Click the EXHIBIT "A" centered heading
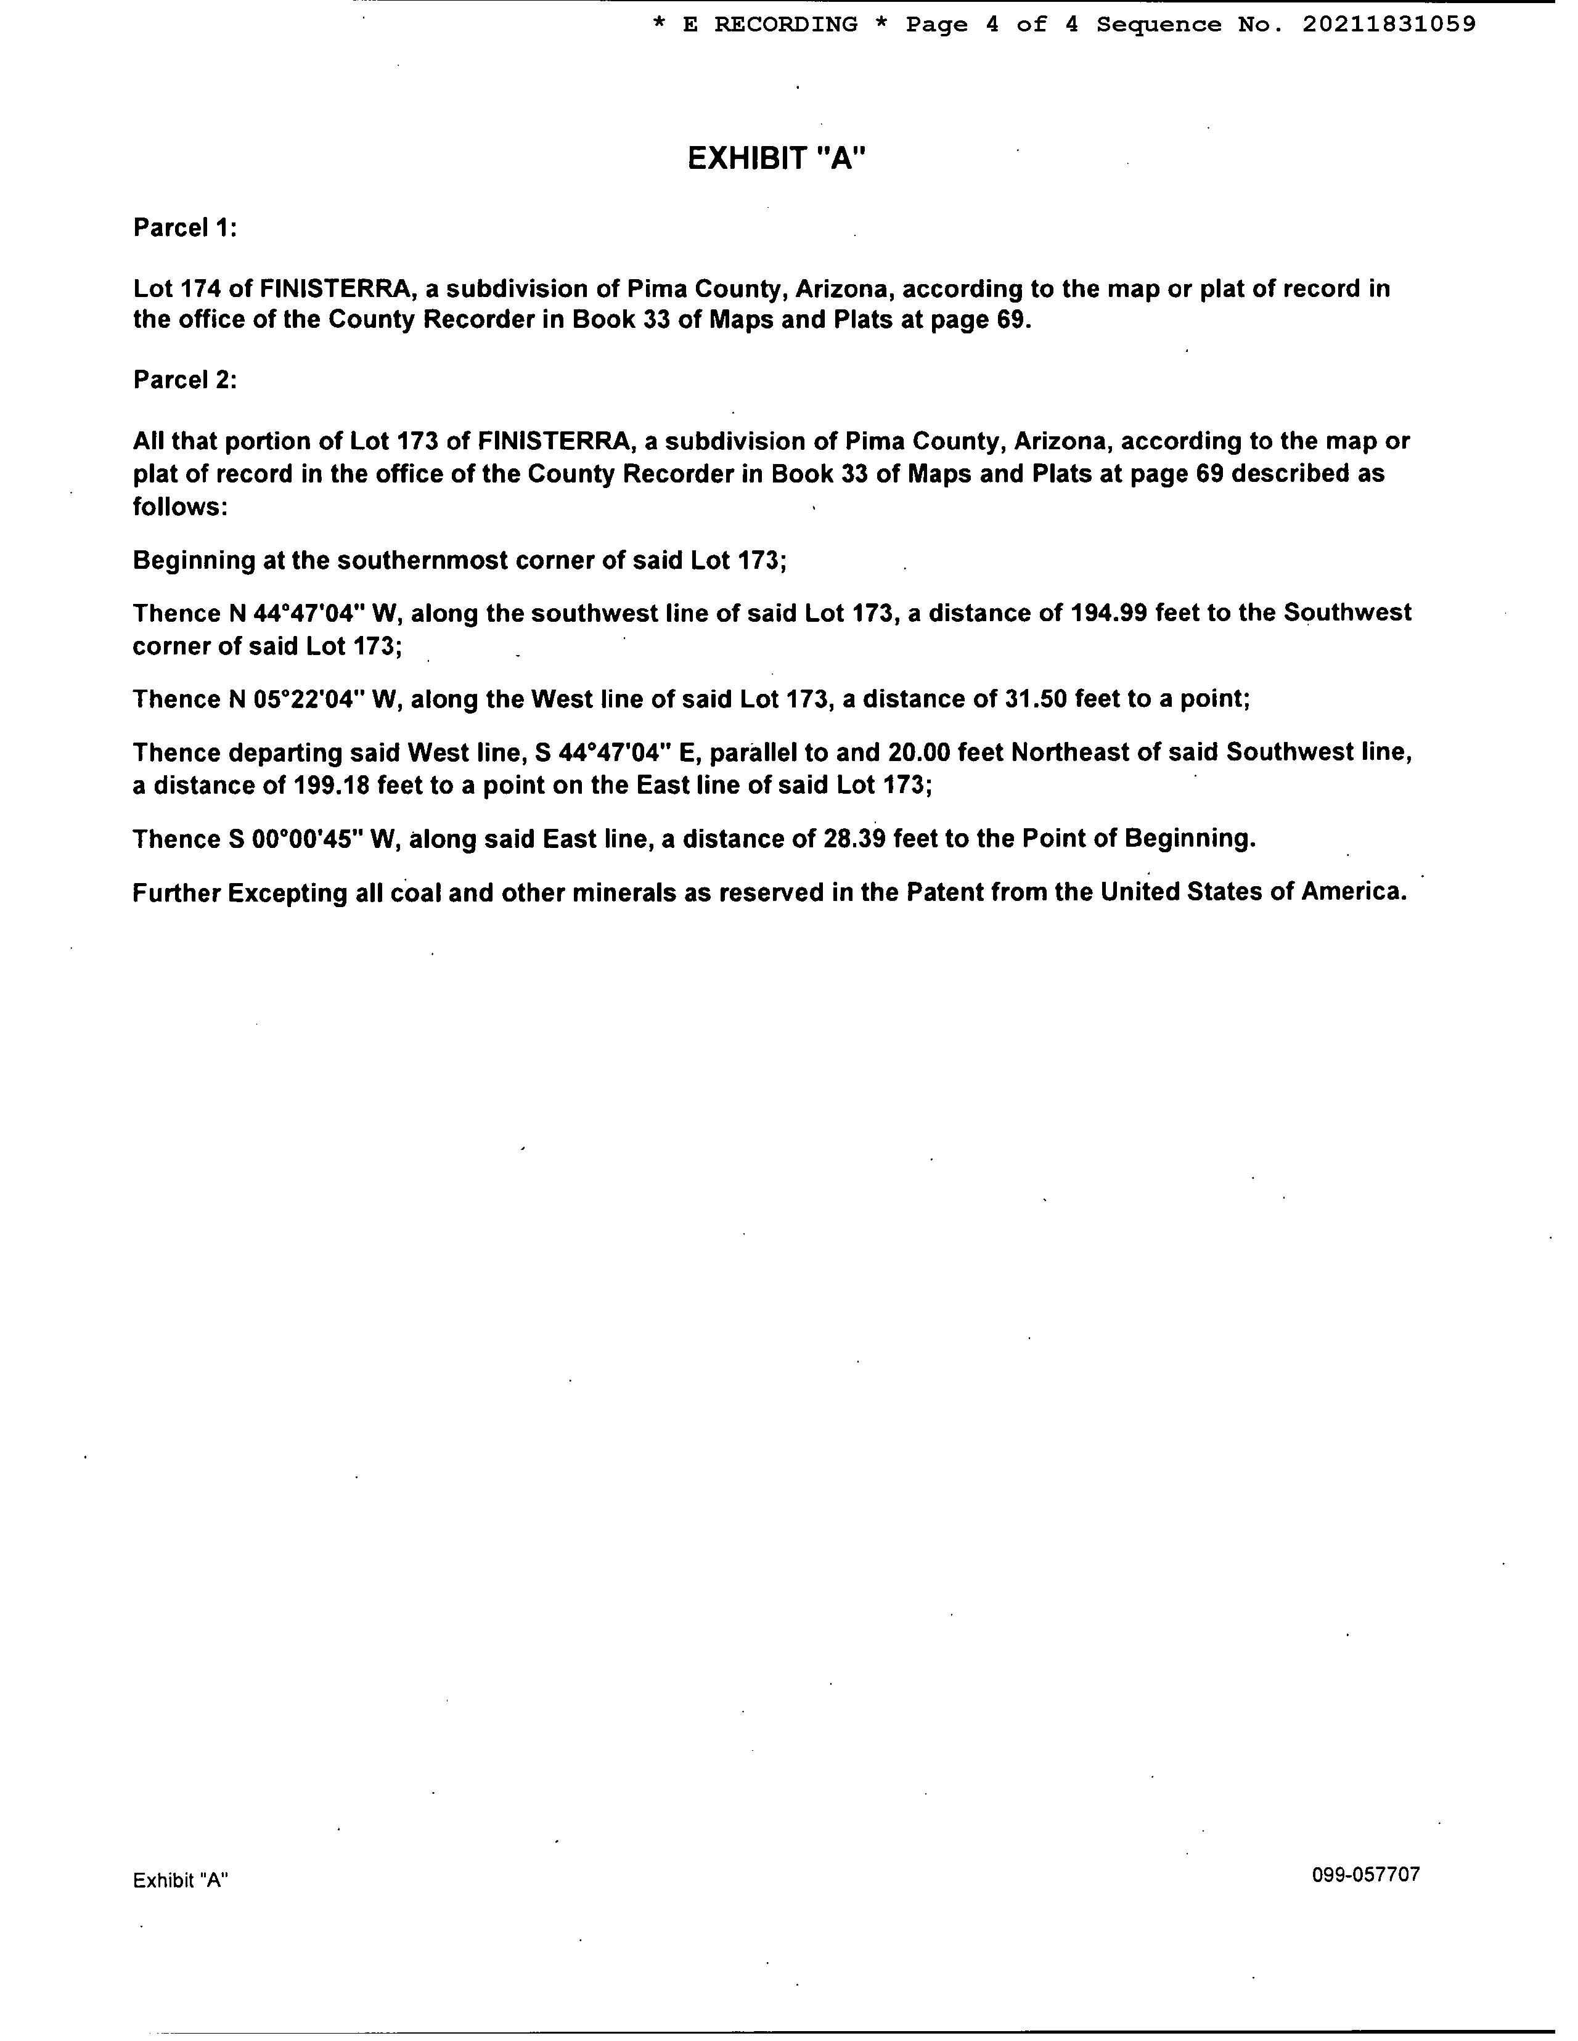[x=777, y=159]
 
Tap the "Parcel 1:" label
[x=185, y=228]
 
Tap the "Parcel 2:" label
[x=185, y=380]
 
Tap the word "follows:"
[x=179, y=507]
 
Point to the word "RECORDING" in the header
[x=785, y=24]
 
